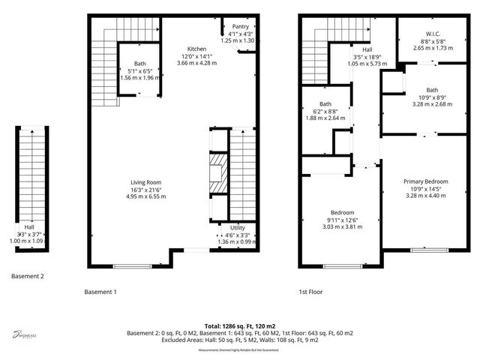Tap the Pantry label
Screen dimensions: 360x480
(x=240, y=26)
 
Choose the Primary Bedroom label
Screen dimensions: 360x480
(x=425, y=181)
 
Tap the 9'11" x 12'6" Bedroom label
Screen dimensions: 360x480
(x=343, y=212)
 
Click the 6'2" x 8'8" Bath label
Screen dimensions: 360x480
(x=325, y=104)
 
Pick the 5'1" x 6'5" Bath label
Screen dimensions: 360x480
(x=140, y=64)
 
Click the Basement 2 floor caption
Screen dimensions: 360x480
(x=28, y=276)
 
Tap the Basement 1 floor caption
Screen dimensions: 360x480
(x=100, y=291)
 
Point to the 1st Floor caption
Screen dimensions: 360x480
(x=310, y=291)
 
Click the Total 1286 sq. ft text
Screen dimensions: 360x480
(x=239, y=326)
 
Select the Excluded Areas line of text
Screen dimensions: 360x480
(x=239, y=339)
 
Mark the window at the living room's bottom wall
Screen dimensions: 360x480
(x=136, y=265)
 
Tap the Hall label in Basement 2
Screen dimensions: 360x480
(x=28, y=226)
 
